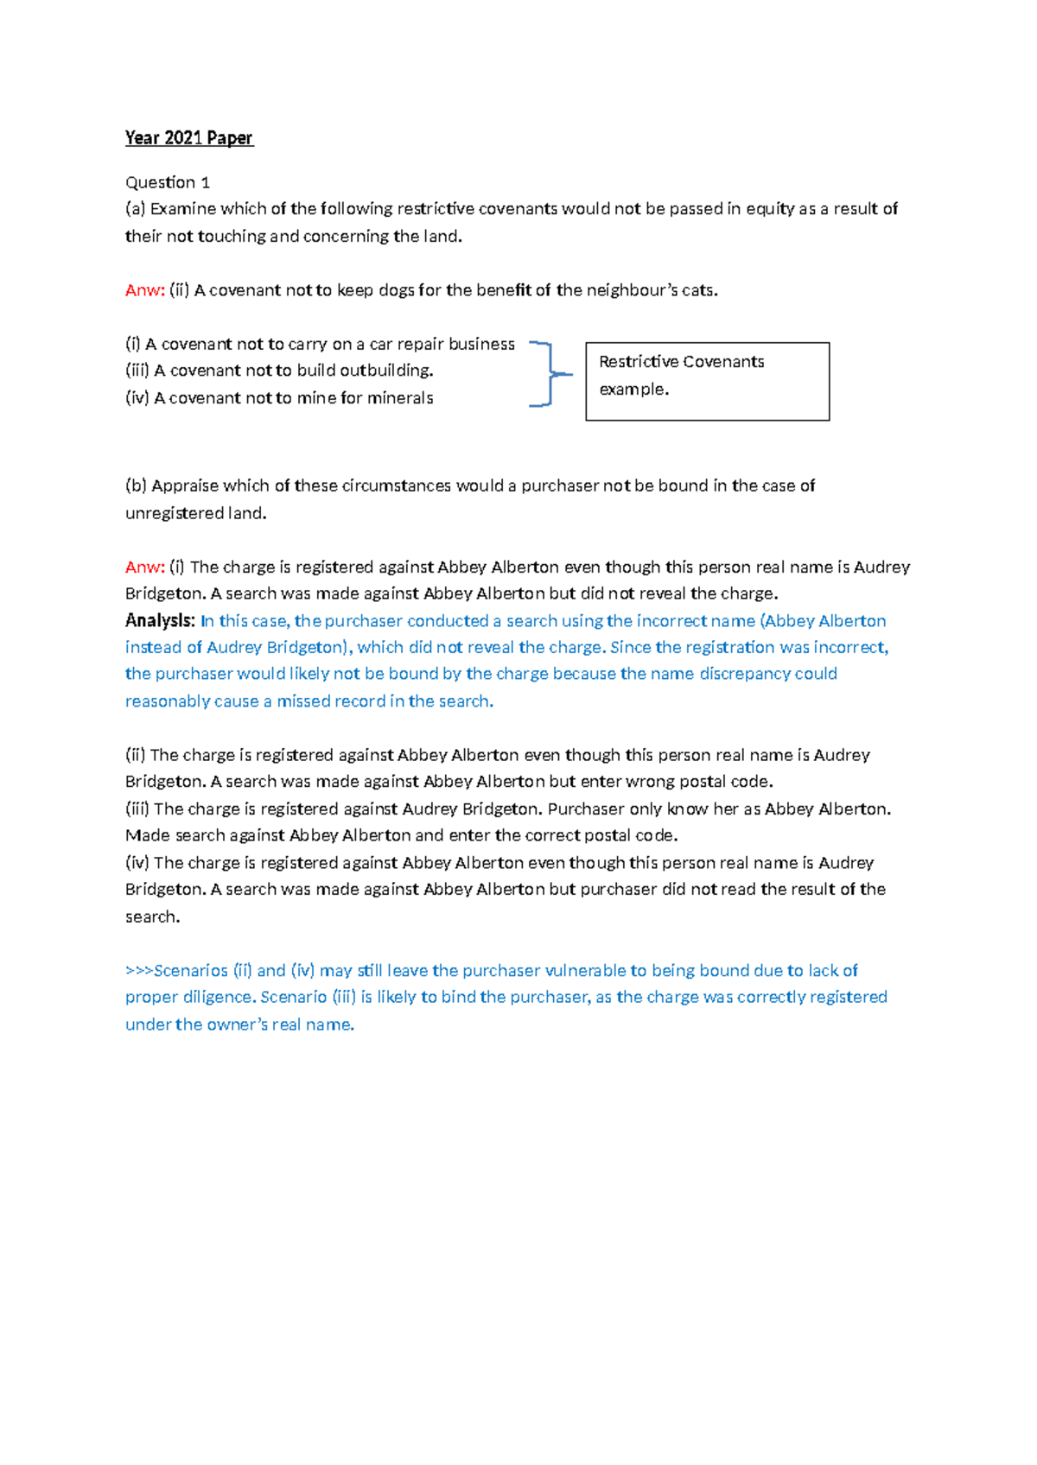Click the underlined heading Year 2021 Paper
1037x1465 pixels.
(x=188, y=138)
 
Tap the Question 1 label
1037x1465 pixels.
(x=168, y=182)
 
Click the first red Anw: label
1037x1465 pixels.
(x=144, y=290)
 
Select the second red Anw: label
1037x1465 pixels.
(x=144, y=568)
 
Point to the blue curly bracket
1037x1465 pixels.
(x=550, y=373)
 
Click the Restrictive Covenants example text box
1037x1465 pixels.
(x=707, y=381)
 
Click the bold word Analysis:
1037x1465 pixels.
(x=160, y=621)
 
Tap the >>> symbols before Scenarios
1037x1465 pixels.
(x=139, y=971)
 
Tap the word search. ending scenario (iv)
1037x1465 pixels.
(x=153, y=916)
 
